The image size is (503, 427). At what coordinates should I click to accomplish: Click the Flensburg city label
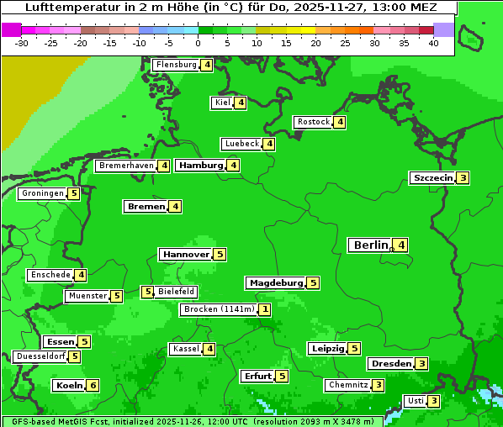175,65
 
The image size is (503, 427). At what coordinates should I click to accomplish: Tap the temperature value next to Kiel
241,103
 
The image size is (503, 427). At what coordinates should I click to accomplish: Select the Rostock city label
313,122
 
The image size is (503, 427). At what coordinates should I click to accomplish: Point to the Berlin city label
369,245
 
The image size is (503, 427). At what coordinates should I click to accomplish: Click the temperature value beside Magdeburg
313,282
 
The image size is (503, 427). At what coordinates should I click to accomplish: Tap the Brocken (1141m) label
218,309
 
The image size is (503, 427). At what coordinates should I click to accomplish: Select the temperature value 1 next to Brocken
265,309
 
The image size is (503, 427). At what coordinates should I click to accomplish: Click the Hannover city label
185,254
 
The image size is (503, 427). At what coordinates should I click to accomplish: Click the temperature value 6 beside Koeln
93,385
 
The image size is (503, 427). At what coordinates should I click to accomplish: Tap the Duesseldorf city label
40,356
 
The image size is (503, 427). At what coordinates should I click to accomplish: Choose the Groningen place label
42,193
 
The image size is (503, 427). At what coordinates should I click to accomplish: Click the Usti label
414,401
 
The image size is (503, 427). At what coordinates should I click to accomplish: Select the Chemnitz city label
347,385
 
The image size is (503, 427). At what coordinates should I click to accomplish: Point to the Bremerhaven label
126,166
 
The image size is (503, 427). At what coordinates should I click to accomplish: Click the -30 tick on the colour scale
22,43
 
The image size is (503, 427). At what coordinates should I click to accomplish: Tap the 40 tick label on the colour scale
433,43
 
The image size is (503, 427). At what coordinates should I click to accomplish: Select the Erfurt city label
257,377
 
